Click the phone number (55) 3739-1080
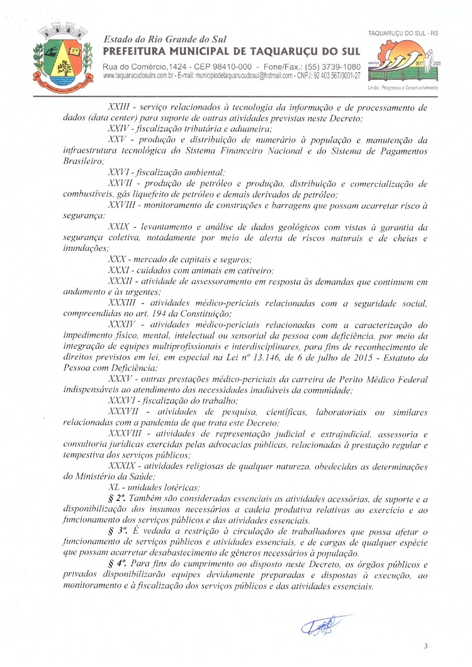[x=325, y=66]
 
